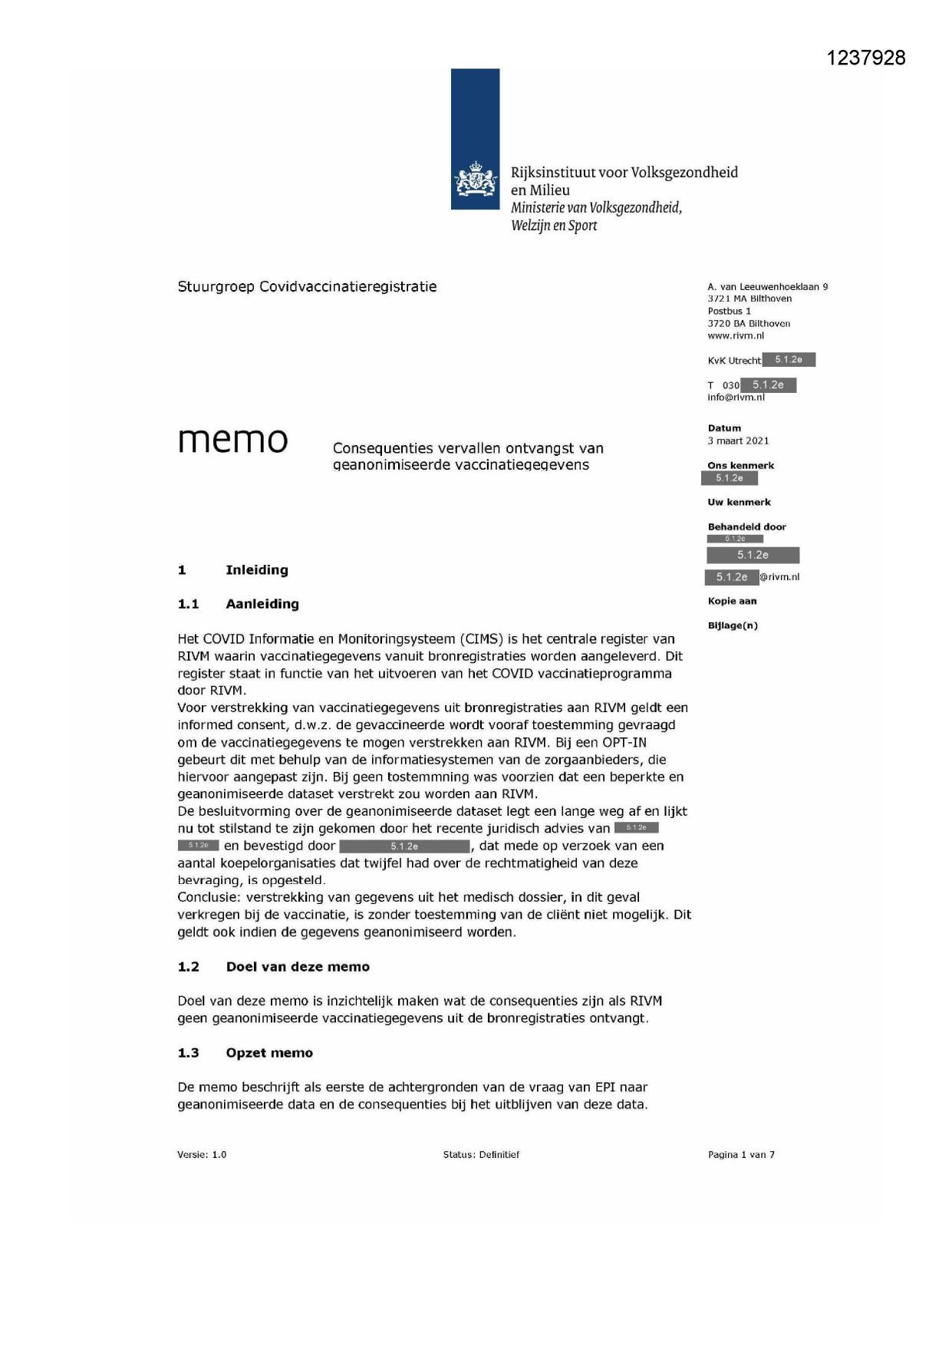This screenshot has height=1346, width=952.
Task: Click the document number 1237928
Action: click(866, 58)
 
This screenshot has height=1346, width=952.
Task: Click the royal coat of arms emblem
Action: click(475, 182)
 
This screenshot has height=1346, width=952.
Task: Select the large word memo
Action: click(232, 440)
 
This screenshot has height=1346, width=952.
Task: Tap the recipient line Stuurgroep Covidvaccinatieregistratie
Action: click(307, 287)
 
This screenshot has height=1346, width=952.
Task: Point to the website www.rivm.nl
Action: click(736, 335)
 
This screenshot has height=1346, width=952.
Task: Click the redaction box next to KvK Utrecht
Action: click(789, 360)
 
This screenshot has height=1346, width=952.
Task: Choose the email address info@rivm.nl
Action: click(736, 398)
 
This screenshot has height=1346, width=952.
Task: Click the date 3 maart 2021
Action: click(738, 440)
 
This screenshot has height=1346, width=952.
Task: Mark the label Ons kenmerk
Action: click(740, 465)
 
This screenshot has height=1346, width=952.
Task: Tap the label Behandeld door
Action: click(746, 526)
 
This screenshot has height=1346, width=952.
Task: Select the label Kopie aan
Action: click(732, 601)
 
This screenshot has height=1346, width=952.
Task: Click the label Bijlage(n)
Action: click(733, 625)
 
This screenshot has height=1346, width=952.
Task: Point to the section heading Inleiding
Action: click(257, 570)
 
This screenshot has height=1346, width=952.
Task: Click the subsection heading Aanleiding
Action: click(262, 604)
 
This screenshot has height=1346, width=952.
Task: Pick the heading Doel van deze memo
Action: click(298, 967)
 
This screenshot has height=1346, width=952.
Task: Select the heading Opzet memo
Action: click(269, 1053)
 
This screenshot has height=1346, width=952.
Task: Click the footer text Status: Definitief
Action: click(481, 1154)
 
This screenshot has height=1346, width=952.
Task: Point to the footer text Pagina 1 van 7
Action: click(741, 1154)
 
